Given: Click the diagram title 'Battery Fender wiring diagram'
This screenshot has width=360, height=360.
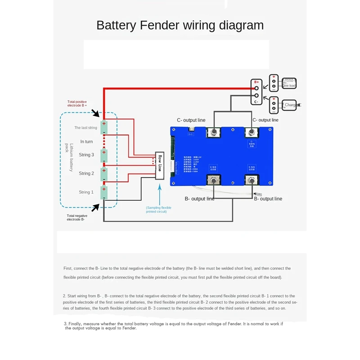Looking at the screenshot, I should click(180, 25).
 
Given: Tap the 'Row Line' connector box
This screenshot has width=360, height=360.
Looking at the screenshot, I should click(160, 165).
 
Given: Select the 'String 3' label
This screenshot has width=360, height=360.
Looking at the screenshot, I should click(86, 155).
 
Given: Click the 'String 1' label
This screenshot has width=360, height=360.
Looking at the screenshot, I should click(86, 192).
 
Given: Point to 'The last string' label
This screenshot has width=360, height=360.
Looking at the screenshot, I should click(85, 128).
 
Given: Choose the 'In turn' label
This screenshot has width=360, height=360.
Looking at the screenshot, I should click(86, 141).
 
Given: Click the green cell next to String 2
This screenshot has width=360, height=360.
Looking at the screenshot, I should click(104, 174).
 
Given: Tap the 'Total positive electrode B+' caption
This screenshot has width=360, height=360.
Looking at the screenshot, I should click(77, 103).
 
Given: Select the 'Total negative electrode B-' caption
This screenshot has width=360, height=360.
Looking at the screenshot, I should click(76, 217).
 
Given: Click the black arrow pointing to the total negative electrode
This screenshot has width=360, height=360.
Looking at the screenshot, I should click(96, 207).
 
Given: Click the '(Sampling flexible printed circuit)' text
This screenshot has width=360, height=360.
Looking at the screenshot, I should click(158, 209).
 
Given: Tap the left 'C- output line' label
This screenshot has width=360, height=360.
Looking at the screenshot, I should click(191, 120).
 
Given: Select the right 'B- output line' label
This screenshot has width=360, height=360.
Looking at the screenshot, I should click(268, 199).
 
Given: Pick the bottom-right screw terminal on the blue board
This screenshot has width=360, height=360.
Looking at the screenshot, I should click(251, 180).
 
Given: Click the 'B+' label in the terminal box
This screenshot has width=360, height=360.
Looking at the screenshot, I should click(256, 82).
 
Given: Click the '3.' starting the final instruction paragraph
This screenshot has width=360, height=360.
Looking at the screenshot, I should click(66, 324).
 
